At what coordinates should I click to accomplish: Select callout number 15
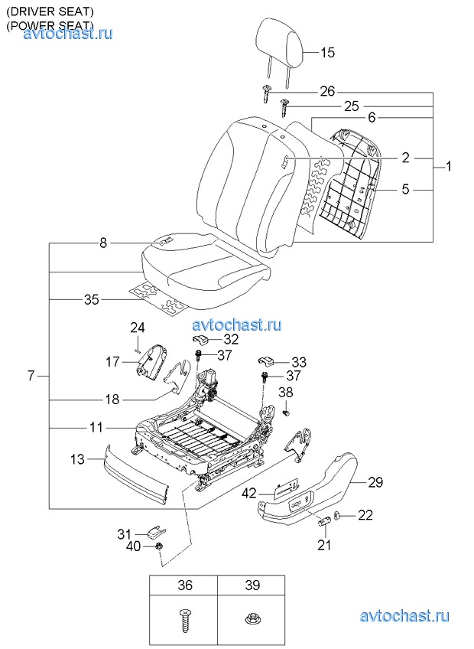(x=327, y=53)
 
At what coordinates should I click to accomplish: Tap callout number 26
(x=327, y=91)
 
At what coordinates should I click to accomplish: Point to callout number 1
(x=448, y=167)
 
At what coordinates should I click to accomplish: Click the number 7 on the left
(x=31, y=376)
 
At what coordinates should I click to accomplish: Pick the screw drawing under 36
(x=185, y=620)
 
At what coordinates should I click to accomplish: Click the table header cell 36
(x=183, y=585)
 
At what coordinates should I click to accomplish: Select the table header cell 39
(x=251, y=585)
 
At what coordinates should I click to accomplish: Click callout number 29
(x=375, y=482)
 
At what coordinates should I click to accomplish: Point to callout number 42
(x=249, y=494)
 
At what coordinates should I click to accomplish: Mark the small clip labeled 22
(x=336, y=516)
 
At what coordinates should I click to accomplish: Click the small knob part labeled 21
(x=323, y=521)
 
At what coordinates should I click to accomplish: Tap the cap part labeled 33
(x=267, y=361)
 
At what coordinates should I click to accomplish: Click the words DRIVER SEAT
(x=50, y=11)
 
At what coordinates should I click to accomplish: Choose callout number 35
(x=92, y=299)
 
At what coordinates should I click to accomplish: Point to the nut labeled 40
(x=158, y=547)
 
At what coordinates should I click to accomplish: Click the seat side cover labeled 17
(x=152, y=361)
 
